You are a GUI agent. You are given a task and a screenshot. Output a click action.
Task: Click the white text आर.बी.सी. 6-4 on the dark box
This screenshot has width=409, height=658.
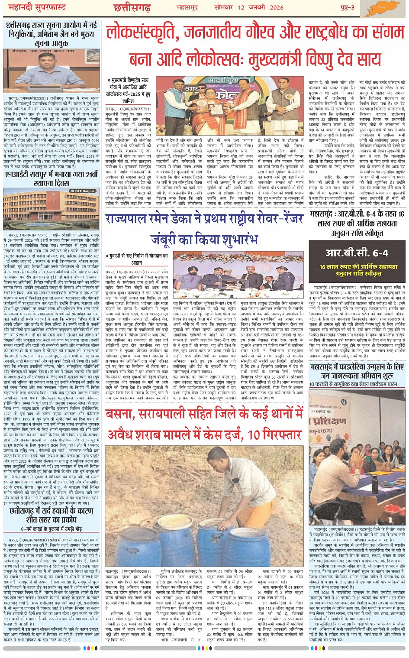[x=357, y=253]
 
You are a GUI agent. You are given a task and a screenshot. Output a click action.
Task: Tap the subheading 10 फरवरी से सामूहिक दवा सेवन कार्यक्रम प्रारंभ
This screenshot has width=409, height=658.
[x=353, y=384]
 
